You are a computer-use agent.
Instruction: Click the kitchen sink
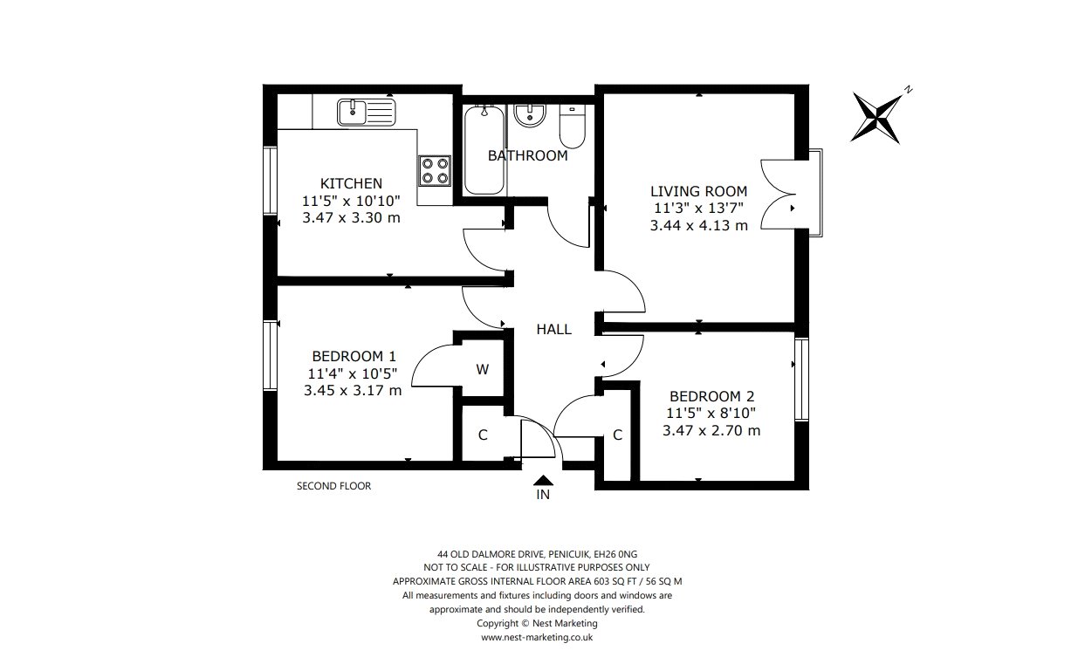(367, 113)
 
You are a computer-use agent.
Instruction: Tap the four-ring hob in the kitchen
(435, 171)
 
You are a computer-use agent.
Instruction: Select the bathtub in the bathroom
(484, 150)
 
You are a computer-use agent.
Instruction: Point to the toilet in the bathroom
(572, 127)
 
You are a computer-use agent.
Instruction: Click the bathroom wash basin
(531, 116)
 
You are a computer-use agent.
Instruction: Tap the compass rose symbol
(876, 118)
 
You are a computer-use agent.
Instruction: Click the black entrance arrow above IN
(543, 480)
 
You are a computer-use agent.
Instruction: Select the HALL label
(553, 329)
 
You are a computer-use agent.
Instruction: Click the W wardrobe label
(483, 369)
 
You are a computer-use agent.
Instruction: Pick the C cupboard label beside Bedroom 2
(617, 435)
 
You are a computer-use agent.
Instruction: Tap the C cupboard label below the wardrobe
(483, 435)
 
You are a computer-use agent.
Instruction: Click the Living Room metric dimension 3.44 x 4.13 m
(698, 225)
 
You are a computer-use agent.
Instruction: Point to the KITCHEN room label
(351, 183)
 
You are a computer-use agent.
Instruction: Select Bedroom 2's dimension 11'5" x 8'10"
(711, 413)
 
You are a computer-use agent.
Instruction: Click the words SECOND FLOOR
(333, 485)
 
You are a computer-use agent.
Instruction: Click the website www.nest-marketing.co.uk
(537, 637)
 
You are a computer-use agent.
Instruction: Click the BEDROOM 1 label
(354, 356)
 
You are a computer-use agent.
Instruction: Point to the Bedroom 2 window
(801, 379)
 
